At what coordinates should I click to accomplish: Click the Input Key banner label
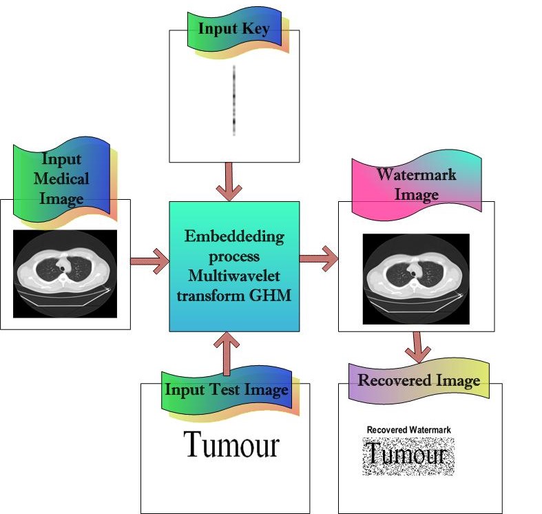point(233,29)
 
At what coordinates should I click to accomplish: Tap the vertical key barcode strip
point(234,100)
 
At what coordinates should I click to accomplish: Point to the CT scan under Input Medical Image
point(65,274)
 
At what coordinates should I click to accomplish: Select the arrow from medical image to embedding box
point(149,261)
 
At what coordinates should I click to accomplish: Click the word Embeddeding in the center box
point(234,237)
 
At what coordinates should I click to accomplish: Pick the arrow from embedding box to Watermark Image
point(318,259)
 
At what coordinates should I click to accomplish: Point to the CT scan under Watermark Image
point(415,278)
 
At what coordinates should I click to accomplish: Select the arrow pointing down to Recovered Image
point(416,347)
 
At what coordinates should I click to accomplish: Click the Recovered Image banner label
point(418,380)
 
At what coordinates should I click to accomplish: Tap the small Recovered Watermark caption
point(408,430)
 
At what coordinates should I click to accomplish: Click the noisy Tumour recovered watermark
point(408,455)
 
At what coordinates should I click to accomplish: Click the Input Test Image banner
point(226,389)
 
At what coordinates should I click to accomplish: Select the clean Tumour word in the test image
point(231,445)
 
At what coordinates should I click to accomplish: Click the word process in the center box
point(234,256)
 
